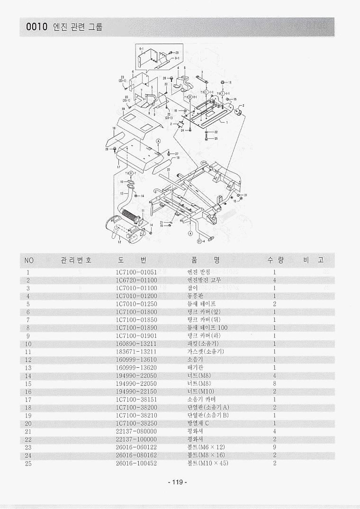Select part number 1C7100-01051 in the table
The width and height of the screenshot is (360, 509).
coord(136,273)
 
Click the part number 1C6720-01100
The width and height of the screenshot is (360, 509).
coord(136,280)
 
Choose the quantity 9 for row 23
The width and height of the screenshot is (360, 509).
coord(275,447)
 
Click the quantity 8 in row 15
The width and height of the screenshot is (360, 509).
coord(275,383)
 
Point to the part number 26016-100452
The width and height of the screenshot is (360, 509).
coord(136,463)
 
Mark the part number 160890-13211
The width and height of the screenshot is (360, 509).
coord(136,344)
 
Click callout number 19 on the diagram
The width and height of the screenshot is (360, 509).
coord(123,109)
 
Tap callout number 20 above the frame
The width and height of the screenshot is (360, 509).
coord(169,169)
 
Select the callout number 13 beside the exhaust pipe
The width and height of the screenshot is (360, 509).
coord(122,193)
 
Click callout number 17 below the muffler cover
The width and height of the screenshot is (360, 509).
coord(118,167)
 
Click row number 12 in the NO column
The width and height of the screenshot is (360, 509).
coord(28,360)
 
